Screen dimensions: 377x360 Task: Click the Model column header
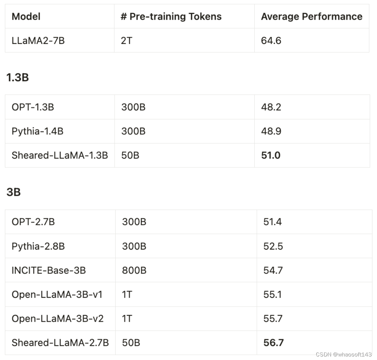[26, 17]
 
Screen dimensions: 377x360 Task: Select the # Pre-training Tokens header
[171, 17]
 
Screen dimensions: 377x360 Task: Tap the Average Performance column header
[312, 17]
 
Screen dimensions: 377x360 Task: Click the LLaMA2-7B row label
[38, 40]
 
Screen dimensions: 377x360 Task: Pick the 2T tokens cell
[126, 40]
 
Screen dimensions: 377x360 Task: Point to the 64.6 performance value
[271, 40]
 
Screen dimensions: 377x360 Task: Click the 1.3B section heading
[18, 77]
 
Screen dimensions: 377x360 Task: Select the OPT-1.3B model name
[33, 107]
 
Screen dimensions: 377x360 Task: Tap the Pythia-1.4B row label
[38, 131]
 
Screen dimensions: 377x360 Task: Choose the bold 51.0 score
[271, 155]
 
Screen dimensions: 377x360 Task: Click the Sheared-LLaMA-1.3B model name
[60, 155]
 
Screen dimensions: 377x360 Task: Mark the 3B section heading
[13, 192]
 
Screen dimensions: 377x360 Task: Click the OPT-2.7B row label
[33, 221]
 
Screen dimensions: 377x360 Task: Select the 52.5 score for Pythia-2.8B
[273, 246]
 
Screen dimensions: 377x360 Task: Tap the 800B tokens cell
[134, 270]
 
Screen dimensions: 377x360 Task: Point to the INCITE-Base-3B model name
[48, 270]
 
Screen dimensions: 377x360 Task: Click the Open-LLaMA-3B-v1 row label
[57, 294]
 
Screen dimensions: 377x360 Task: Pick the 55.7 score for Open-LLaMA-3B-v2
[273, 319]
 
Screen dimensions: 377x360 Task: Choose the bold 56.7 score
[273, 343]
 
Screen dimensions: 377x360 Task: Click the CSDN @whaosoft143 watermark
[344, 354]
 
